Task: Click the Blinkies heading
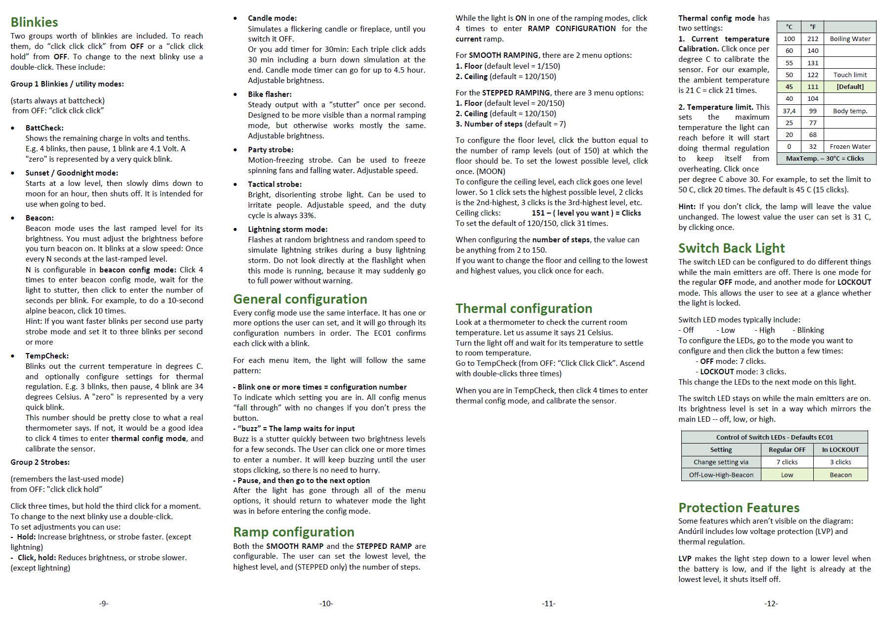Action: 34,22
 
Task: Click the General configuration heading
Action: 300,299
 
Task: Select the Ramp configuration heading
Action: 294,532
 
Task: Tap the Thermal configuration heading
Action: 524,309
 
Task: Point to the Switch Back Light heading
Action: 731,248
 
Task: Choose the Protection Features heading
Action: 739,508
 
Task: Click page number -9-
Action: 103,603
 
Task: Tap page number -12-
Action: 771,603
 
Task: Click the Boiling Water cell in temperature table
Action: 850,39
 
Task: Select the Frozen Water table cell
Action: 850,147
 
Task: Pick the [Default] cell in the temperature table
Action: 850,87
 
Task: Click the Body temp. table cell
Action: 850,111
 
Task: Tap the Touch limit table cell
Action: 850,75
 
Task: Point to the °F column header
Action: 813,27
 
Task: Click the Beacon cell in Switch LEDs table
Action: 840,475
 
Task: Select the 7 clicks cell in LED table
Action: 787,462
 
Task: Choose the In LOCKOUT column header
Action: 840,450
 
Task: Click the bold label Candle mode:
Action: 272,18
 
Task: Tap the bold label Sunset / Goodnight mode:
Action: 72,173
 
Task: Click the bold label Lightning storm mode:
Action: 288,229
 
